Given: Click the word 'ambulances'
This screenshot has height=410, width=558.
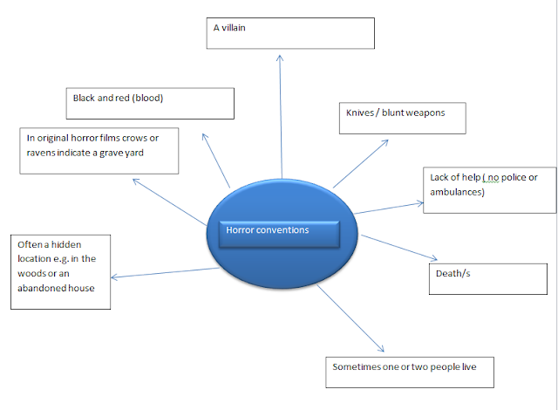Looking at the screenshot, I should [x=459, y=191].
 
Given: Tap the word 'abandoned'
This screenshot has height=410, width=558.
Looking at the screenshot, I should [x=45, y=288].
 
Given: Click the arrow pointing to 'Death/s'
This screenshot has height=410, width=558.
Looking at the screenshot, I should [x=398, y=247].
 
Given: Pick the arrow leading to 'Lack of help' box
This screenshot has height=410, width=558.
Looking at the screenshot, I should [x=388, y=208].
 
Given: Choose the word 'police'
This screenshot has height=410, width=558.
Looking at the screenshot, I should [x=514, y=178].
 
